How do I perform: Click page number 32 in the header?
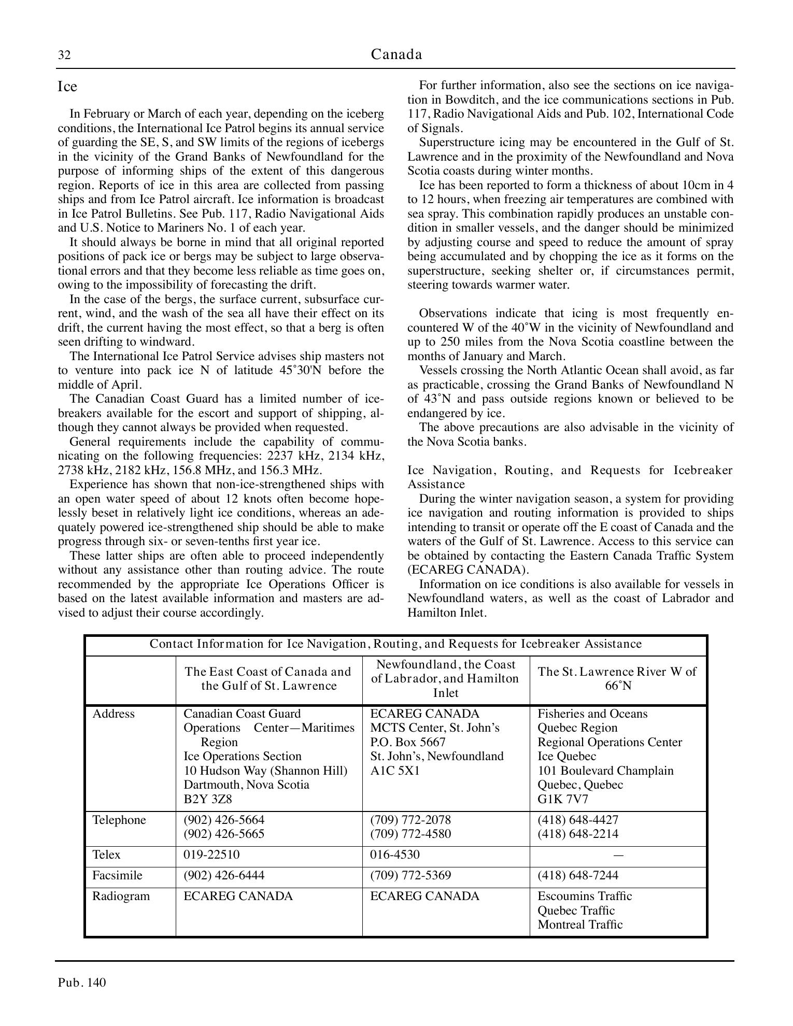pos(64,55)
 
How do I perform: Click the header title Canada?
pos(397,54)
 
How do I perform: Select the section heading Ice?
pos(67,87)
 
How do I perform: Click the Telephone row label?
pos(119,820)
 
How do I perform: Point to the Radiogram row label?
pos(121,896)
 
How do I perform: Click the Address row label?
pos(113,714)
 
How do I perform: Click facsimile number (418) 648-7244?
pos(578,875)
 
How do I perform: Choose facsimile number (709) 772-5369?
pos(410,875)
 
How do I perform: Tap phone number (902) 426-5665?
pos(224,834)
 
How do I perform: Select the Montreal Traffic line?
pos(580,924)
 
